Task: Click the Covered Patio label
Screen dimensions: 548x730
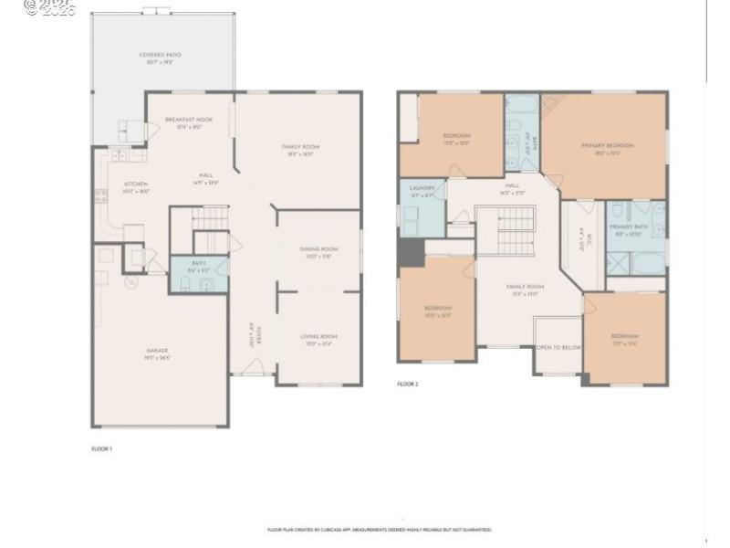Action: click(x=160, y=56)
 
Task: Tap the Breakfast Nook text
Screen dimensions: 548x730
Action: click(x=189, y=121)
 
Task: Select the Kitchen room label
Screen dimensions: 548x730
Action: click(x=136, y=184)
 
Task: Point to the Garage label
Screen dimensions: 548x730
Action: click(x=158, y=351)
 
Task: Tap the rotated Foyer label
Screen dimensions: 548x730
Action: click(x=259, y=335)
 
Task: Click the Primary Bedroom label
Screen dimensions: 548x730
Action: click(x=607, y=145)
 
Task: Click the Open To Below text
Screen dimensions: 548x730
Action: click(x=558, y=348)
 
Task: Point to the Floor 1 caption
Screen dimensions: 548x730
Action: click(x=101, y=448)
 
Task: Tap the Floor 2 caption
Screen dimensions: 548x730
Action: click(x=407, y=385)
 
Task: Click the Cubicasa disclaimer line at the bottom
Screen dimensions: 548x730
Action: click(x=379, y=530)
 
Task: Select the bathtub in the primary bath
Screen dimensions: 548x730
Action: click(x=649, y=264)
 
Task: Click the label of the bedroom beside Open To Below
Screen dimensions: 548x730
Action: click(x=625, y=337)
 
